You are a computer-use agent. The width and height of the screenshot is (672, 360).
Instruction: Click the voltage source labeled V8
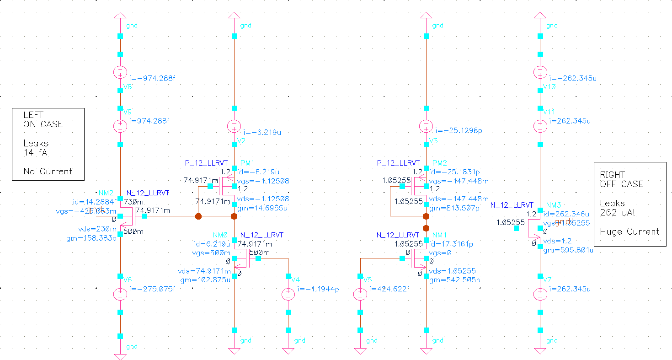[120, 72]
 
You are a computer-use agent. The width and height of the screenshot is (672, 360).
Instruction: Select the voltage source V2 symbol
[234, 126]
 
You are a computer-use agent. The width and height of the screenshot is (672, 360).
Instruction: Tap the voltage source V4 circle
[288, 294]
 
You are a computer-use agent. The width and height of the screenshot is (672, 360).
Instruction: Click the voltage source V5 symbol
[360, 294]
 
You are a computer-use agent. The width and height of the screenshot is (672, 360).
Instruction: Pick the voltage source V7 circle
[540, 294]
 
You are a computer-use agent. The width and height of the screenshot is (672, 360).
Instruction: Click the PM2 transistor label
[439, 163]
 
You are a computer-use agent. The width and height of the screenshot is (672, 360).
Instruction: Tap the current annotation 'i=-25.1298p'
[459, 131]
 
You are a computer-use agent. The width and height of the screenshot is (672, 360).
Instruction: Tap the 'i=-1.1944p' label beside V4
[318, 289]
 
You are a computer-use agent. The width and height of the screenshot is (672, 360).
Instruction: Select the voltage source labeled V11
[540, 125]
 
